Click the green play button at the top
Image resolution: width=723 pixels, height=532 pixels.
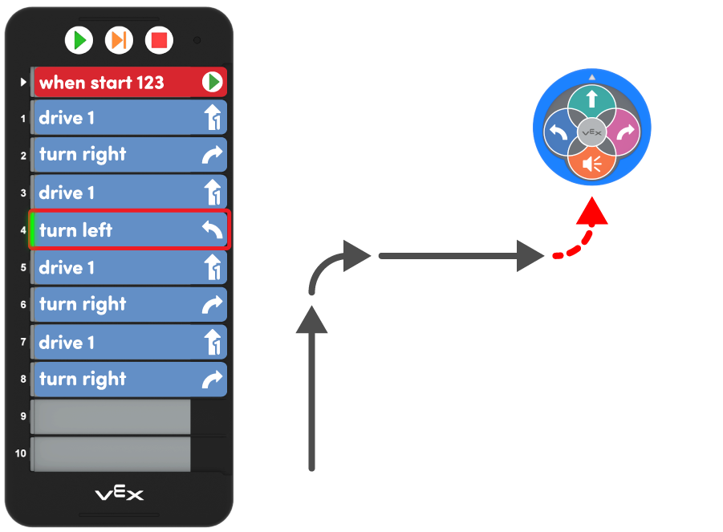[x=79, y=39]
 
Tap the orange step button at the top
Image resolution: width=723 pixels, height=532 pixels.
[x=119, y=39]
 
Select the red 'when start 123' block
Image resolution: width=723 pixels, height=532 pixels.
[x=120, y=82]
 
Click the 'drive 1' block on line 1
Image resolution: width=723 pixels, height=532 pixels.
[x=120, y=118]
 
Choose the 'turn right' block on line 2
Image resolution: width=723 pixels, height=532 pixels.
[x=120, y=155]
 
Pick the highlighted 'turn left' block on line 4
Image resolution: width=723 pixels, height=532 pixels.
[x=120, y=230]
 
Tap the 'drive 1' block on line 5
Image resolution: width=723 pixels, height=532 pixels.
[x=120, y=267]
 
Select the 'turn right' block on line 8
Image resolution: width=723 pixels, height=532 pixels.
[x=120, y=380]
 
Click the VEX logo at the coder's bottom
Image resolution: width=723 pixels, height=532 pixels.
[x=120, y=493]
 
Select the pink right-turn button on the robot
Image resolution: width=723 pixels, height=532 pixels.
[x=623, y=132]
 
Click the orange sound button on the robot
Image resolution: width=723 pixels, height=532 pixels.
[x=591, y=164]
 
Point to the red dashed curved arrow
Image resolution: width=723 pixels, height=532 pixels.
[x=581, y=238]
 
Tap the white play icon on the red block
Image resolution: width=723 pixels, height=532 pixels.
[x=212, y=82]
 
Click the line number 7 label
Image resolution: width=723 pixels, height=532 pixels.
[x=23, y=343]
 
